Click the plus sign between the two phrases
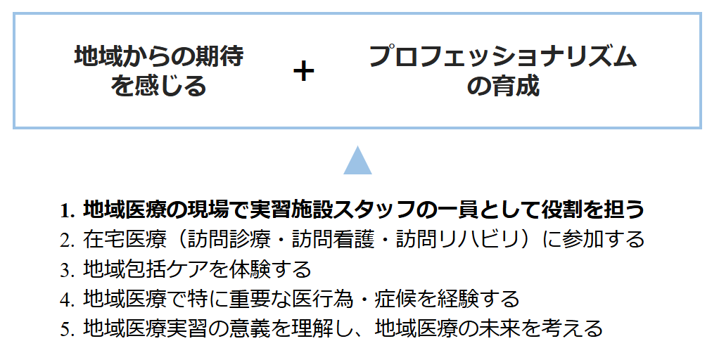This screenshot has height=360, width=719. [303, 72]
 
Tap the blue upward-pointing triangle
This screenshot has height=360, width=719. [357, 160]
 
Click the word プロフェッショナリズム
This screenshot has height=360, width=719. [502, 56]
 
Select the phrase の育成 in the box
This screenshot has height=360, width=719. [503, 86]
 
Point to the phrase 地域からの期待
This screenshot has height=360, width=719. [159, 56]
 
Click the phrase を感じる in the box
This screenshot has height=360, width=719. [159, 86]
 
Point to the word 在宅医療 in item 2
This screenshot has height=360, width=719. [125, 240]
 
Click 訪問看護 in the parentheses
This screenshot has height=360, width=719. [333, 240]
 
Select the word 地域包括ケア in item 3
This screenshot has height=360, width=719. [145, 269]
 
